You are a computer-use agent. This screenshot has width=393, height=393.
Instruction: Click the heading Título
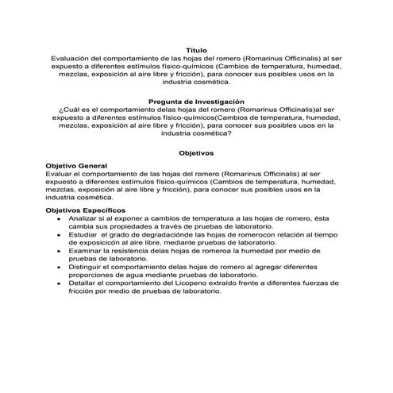click(x=195, y=50)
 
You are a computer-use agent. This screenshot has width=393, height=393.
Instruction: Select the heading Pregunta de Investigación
click(x=195, y=102)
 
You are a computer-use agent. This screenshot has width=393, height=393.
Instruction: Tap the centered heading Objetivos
click(x=195, y=152)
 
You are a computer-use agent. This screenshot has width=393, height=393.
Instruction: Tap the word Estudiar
click(x=84, y=236)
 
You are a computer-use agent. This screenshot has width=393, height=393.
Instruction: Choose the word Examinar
click(x=86, y=250)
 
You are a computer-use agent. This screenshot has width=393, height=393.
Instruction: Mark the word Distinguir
click(x=87, y=268)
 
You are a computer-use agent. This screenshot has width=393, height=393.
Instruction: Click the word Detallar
click(x=84, y=283)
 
